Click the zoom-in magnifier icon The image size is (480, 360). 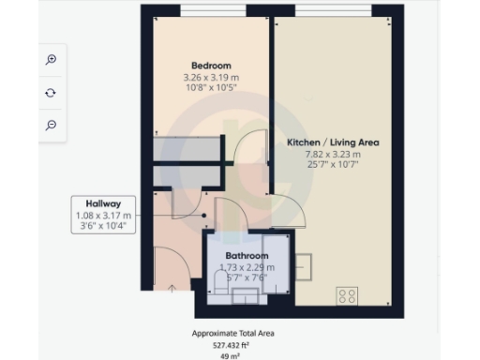pyautogui.click(x=52, y=59)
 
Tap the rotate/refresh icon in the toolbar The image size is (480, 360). pyautogui.click(x=52, y=92)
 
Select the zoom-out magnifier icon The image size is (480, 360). pyautogui.click(x=52, y=125)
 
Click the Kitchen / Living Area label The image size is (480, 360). pyautogui.click(x=333, y=142)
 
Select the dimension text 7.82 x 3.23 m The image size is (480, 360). pyautogui.click(x=333, y=154)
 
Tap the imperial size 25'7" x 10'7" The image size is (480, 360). pyautogui.click(x=333, y=165)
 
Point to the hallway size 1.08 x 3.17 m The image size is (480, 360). pyautogui.click(x=105, y=215)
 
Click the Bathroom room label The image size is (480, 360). pyautogui.click(x=246, y=256)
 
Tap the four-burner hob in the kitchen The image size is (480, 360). pyautogui.click(x=348, y=296)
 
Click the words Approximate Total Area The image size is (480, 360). pyautogui.click(x=232, y=333)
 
